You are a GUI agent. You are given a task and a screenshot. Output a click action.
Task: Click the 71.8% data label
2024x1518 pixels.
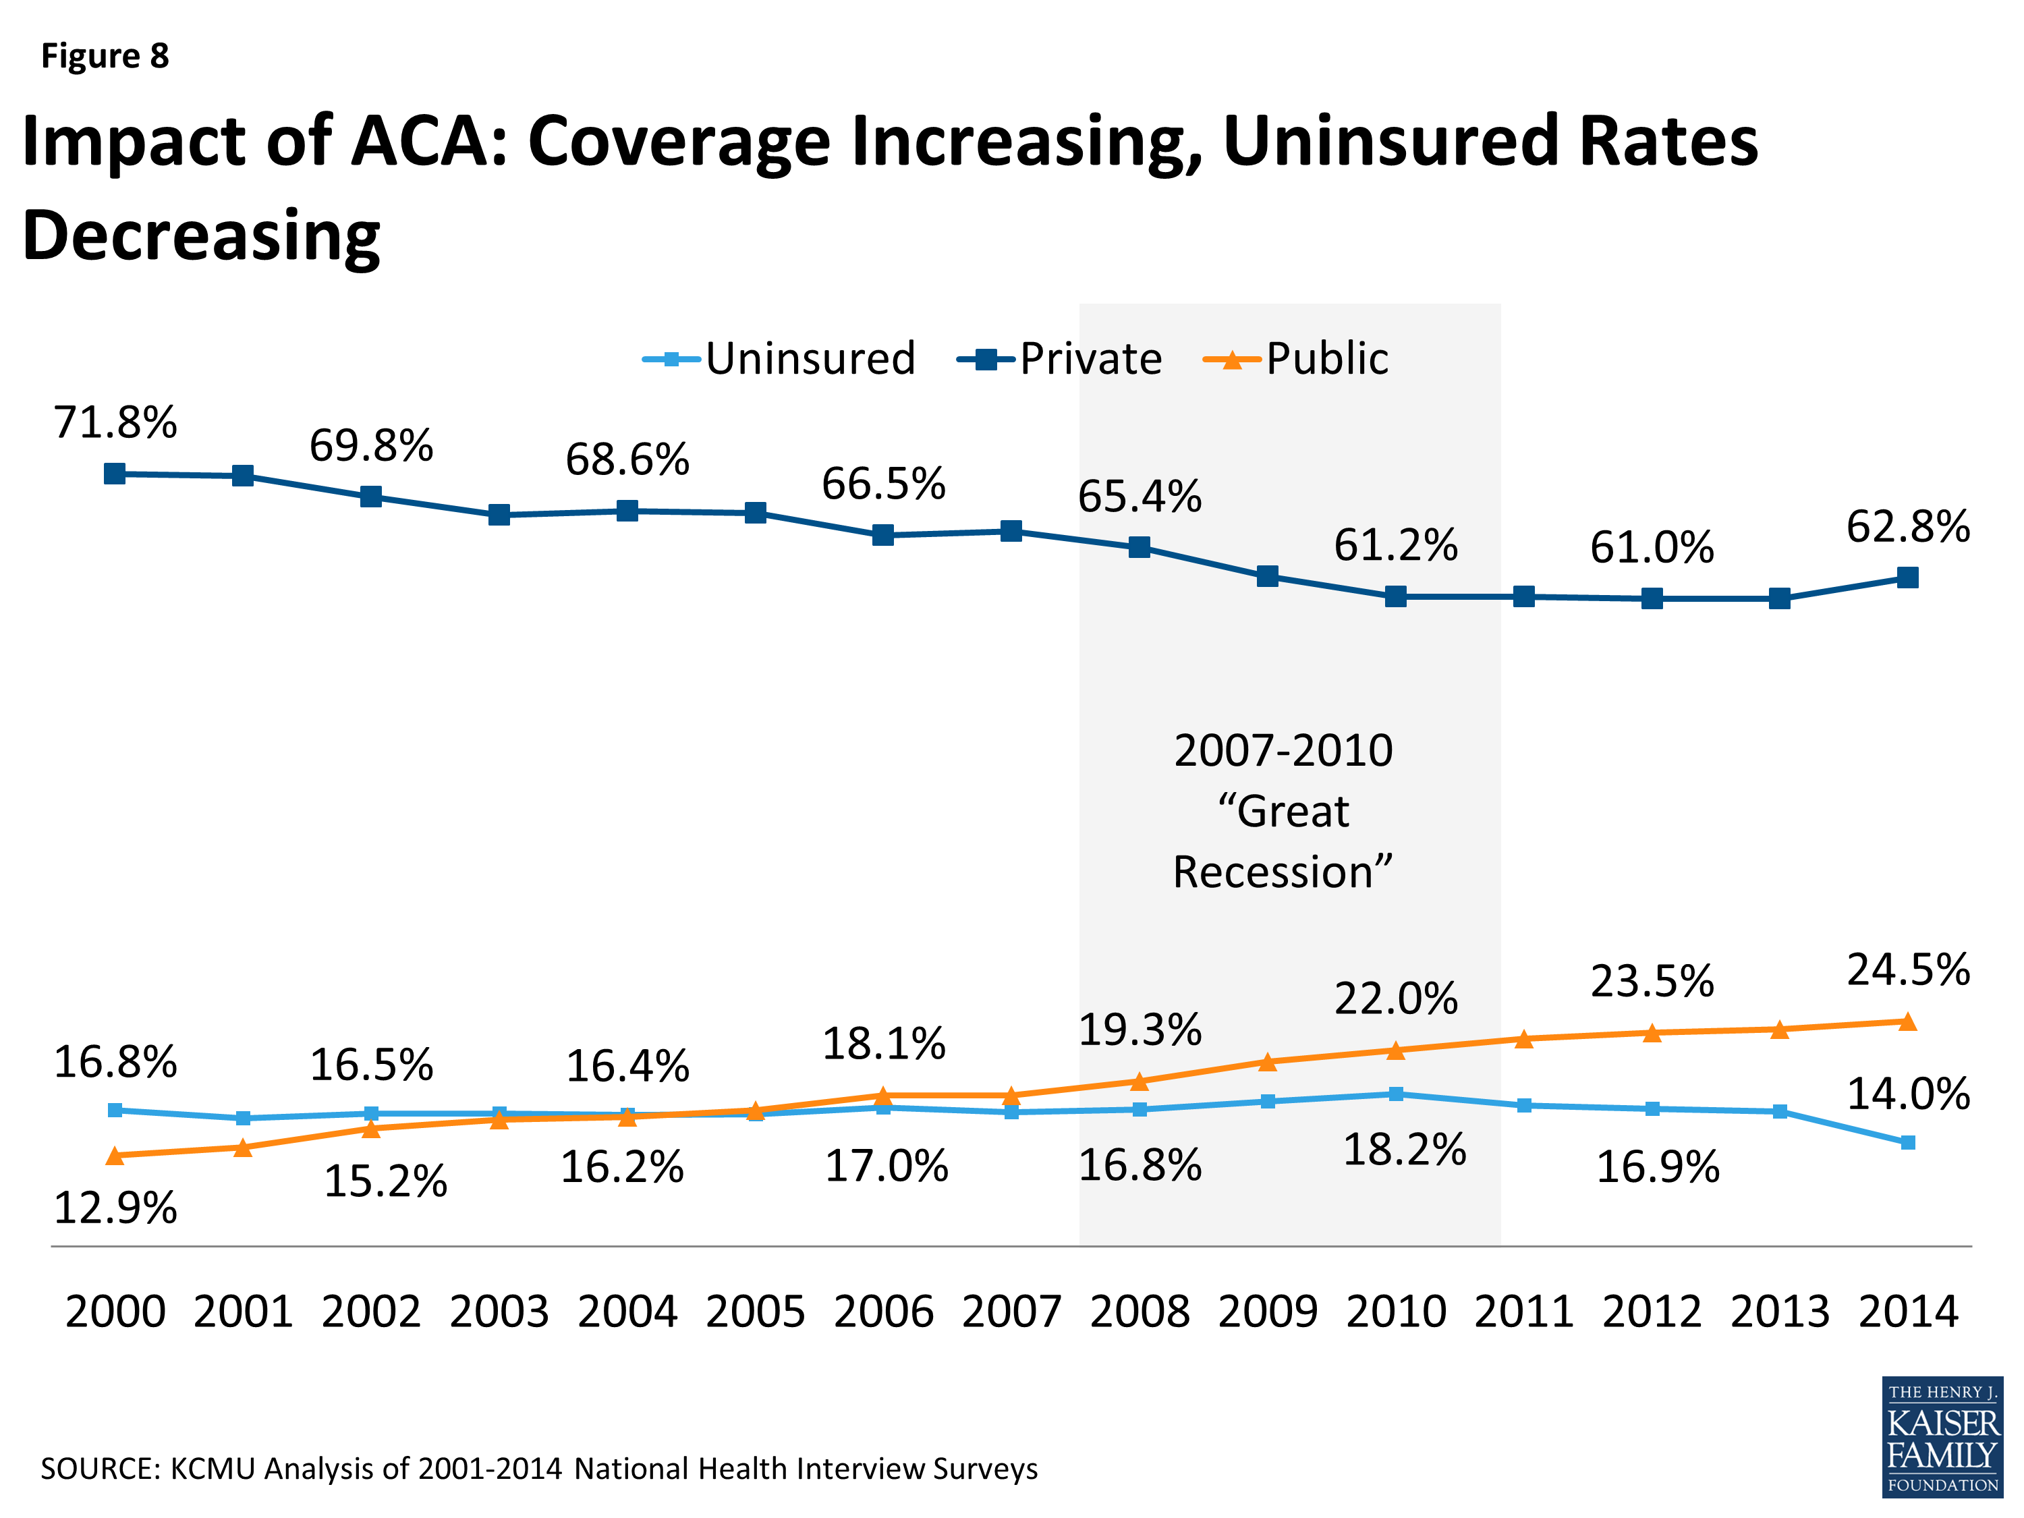coord(115,423)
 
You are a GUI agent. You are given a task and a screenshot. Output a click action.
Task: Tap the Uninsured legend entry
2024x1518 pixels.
coord(778,359)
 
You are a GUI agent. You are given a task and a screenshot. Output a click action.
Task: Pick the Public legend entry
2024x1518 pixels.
coord(1295,359)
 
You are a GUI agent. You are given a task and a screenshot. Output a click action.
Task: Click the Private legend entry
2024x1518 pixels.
coord(1060,359)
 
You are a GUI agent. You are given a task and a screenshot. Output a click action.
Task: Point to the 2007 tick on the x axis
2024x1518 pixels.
coord(1011,1311)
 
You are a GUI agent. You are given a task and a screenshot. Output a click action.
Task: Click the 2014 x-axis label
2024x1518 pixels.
coord(1908,1311)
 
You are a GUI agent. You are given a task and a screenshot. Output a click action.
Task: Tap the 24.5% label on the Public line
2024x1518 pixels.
coord(1908,970)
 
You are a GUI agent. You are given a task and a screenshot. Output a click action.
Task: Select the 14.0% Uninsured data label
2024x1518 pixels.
coord(1908,1094)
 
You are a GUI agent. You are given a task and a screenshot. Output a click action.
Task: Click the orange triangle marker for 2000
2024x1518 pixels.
coord(115,1156)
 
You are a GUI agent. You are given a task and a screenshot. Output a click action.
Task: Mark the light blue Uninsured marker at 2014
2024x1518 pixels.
coord(1908,1143)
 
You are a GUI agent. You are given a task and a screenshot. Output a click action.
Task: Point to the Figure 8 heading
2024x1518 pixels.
coord(105,56)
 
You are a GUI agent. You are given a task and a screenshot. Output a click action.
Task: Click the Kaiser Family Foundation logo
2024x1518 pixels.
coord(1942,1436)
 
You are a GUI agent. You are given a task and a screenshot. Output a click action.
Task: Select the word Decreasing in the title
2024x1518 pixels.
coord(200,235)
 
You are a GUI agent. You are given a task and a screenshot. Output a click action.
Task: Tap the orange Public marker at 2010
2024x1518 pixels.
coord(1395,1050)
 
